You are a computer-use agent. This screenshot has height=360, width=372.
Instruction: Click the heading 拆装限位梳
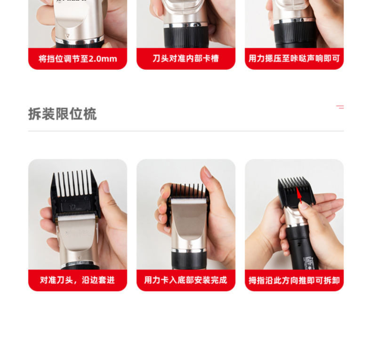[x=62, y=114]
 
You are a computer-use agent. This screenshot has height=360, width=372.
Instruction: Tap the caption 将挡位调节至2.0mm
[x=78, y=59]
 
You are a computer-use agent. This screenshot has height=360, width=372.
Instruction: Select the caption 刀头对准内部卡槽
[x=186, y=59]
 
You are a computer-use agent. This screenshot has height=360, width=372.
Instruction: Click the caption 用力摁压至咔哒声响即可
[x=294, y=59]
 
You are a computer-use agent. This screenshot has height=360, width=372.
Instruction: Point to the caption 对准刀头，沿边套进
[x=78, y=280]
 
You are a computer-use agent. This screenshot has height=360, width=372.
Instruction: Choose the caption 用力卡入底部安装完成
[x=186, y=280]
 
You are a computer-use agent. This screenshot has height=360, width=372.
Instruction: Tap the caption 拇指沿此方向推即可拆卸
[x=294, y=280]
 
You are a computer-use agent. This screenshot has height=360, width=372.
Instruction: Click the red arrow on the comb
[x=299, y=194]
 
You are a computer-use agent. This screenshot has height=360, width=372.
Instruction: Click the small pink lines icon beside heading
[x=340, y=107]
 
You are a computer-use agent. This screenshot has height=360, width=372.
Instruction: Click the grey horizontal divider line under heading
[x=186, y=131]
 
